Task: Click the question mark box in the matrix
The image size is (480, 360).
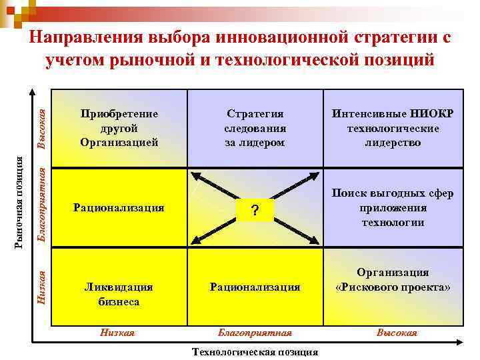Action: coord(254,211)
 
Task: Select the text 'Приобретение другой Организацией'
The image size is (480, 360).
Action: coord(119,127)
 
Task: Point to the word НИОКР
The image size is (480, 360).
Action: coord(433,113)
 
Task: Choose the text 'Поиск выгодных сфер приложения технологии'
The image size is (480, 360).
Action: coord(393,207)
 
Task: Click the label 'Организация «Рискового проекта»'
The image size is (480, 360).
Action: coord(393,280)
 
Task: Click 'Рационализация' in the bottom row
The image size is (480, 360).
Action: coord(255,287)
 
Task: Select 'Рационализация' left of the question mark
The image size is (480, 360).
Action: coord(119,207)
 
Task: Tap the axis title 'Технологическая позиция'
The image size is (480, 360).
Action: coord(255,352)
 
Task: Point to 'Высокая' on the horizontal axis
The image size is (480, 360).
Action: coord(397,333)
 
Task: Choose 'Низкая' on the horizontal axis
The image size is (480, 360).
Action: coord(117,333)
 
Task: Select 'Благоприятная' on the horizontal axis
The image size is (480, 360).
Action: coord(255,333)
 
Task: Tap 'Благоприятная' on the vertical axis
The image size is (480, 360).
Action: coord(41,205)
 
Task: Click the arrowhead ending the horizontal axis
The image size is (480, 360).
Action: coord(461,345)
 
